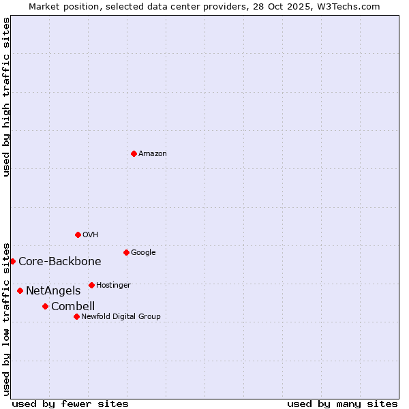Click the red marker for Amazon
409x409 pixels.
pyautogui.click(x=134, y=153)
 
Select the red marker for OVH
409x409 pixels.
pyautogui.click(x=78, y=234)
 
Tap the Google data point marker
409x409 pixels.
pyautogui.click(x=126, y=252)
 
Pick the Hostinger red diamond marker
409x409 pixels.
pyautogui.click(x=91, y=285)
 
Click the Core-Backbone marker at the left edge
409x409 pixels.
pyautogui.click(x=12, y=261)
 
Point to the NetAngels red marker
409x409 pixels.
pyautogui.click(x=20, y=290)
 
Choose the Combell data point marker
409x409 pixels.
pyautogui.click(x=45, y=306)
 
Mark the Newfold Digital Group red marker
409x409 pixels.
pyautogui.click(x=76, y=316)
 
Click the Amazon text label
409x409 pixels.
pyautogui.click(x=153, y=154)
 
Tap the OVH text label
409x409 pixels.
pyautogui.click(x=91, y=235)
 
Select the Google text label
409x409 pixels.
pyautogui.click(x=143, y=253)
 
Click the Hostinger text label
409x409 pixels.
pyautogui.click(x=113, y=286)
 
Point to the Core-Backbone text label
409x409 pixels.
pyautogui.click(x=60, y=262)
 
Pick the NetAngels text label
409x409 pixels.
pyautogui.click(x=53, y=291)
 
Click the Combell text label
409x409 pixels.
pyautogui.click(x=73, y=307)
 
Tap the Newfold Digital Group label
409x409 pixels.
pyautogui.click(x=121, y=317)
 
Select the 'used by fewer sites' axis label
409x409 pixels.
pyautogui.click(x=70, y=404)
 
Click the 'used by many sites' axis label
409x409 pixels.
pyautogui.click(x=342, y=404)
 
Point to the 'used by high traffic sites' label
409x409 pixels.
pyautogui.click(x=7, y=97)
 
